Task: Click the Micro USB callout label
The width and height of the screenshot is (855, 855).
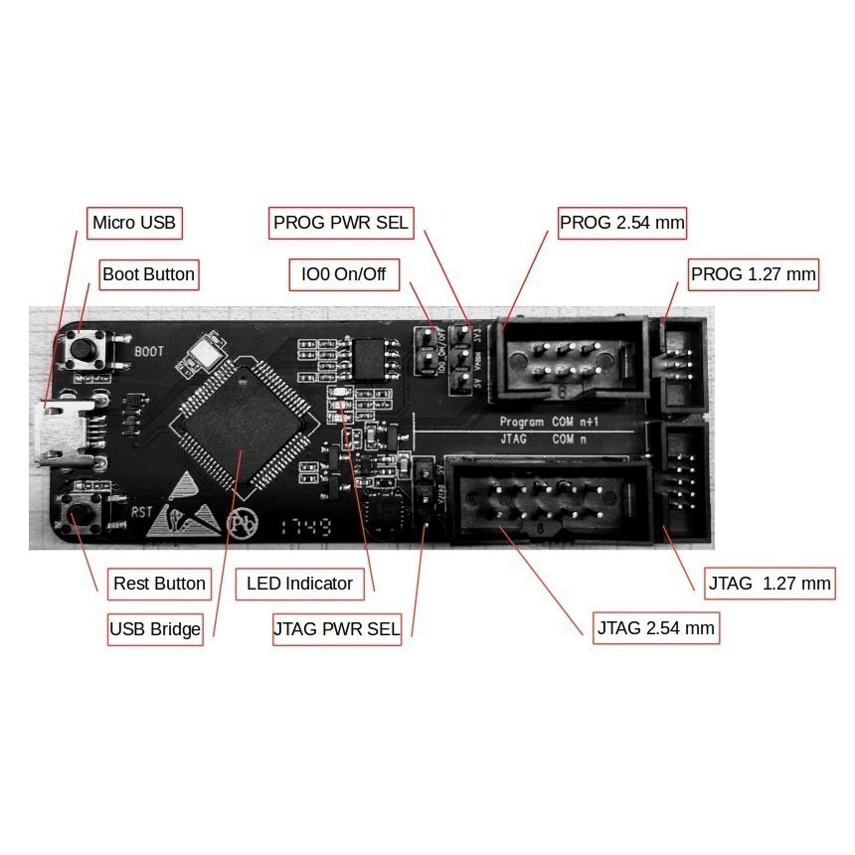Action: pyautogui.click(x=133, y=222)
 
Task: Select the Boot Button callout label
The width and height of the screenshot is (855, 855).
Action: pyautogui.click(x=149, y=273)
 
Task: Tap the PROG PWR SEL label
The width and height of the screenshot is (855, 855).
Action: pyautogui.click(x=341, y=222)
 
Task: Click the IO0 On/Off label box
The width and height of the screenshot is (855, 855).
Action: pyautogui.click(x=344, y=273)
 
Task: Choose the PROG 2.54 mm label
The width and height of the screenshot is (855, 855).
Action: pyautogui.click(x=622, y=222)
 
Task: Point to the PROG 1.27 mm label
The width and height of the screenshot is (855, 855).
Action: pyautogui.click(x=754, y=273)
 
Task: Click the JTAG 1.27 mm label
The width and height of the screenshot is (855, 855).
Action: pyautogui.click(x=769, y=583)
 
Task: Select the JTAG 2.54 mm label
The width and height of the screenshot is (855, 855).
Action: pyautogui.click(x=656, y=628)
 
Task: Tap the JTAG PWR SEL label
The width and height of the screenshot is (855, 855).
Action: pyautogui.click(x=336, y=629)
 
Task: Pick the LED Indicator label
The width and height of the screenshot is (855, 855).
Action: pyautogui.click(x=299, y=583)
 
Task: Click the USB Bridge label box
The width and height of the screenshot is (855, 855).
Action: pyautogui.click(x=155, y=629)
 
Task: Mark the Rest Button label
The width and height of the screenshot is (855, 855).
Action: pyautogui.click(x=159, y=583)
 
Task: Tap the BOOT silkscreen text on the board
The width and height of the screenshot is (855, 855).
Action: pyautogui.click(x=149, y=352)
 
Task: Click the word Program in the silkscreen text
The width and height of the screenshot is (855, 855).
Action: pyautogui.click(x=522, y=422)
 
